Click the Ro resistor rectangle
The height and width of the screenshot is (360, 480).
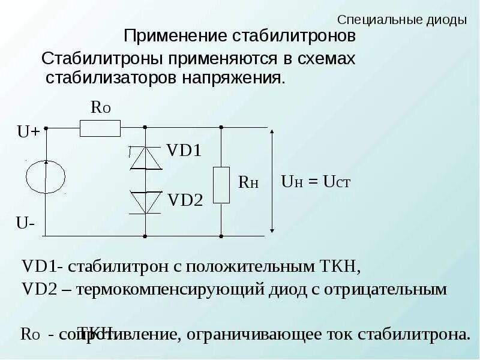tap(100, 128)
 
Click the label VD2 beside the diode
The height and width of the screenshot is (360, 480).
tap(185, 199)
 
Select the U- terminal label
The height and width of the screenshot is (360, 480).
tap(25, 223)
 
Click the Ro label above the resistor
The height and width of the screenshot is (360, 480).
tap(100, 107)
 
